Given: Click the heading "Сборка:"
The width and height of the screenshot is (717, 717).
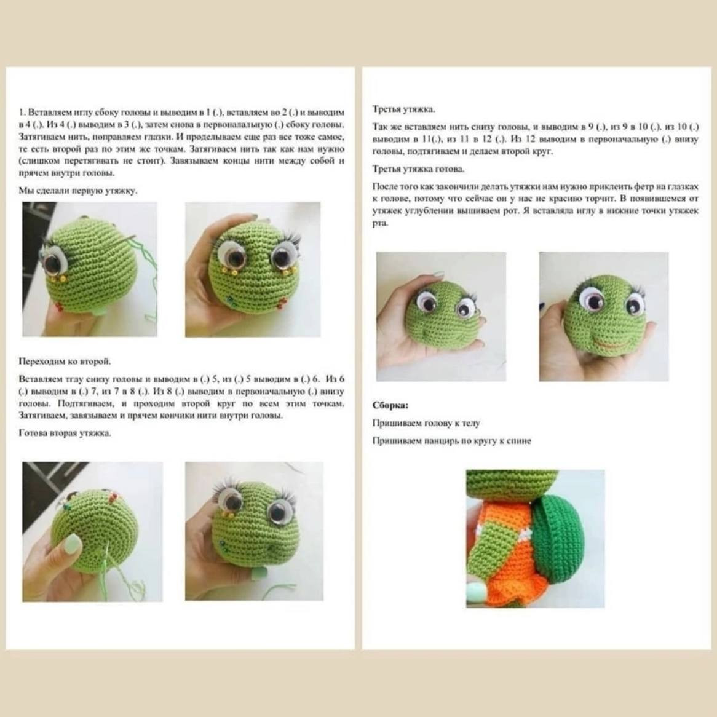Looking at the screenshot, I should [x=390, y=405].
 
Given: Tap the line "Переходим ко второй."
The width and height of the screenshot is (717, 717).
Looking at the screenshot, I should [x=65, y=361].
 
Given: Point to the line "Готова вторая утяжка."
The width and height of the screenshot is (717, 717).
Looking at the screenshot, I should [x=65, y=434].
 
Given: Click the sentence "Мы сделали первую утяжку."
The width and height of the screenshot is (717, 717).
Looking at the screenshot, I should [x=78, y=191].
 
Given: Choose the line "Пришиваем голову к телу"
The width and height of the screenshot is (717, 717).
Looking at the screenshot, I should [x=426, y=423].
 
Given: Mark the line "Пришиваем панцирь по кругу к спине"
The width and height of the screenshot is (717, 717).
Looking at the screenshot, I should [x=452, y=441].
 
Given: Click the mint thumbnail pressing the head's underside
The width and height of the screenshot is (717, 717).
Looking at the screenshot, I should [x=71, y=545].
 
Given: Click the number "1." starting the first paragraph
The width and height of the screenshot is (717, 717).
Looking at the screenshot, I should [x=22, y=113].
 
